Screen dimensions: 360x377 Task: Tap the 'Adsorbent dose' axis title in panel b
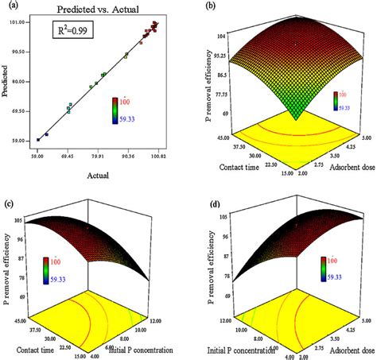pyautogui.click(x=339, y=172)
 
